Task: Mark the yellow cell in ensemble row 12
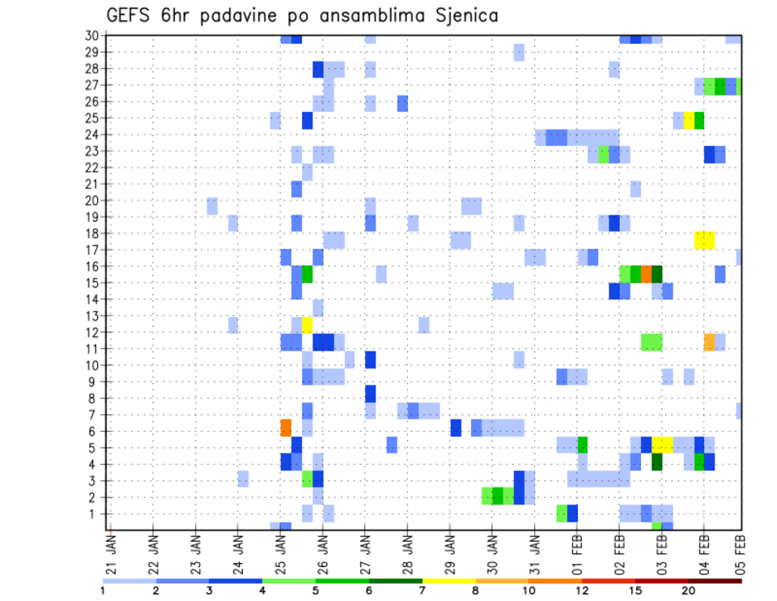point(308,324)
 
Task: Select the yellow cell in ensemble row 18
point(704,240)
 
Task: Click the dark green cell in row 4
point(656,462)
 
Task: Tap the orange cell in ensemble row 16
point(646,273)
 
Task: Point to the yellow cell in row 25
point(689,120)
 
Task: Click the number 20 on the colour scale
point(688,590)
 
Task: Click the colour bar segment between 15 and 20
point(661,579)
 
